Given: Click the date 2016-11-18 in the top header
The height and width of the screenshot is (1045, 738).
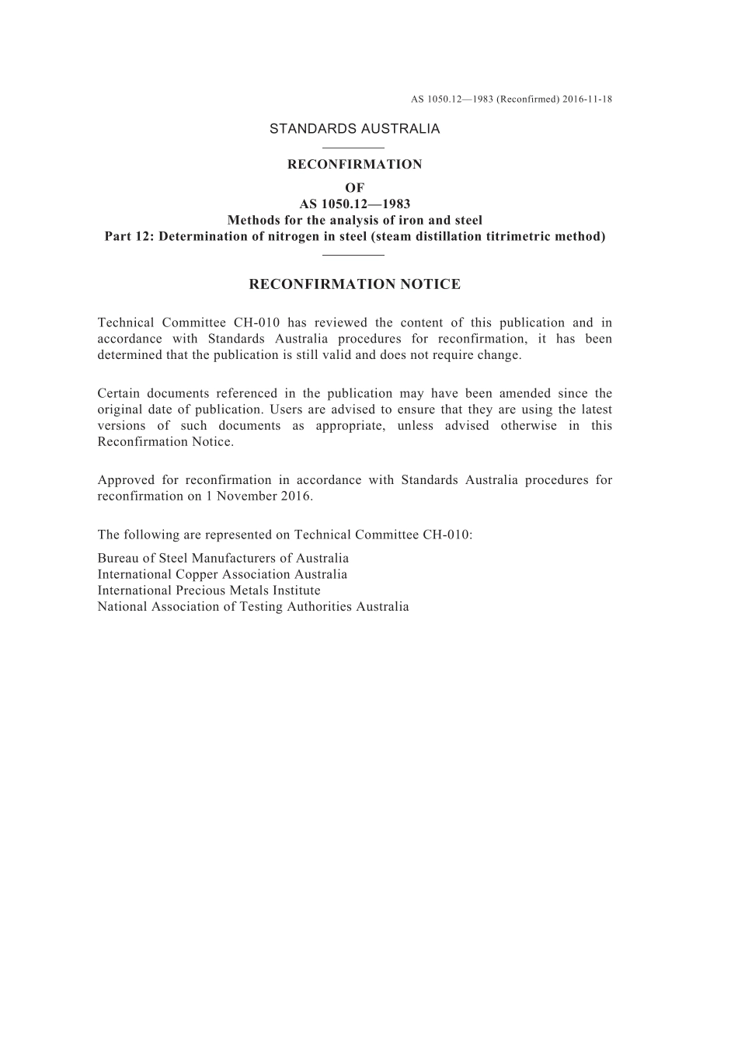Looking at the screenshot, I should point(587,99).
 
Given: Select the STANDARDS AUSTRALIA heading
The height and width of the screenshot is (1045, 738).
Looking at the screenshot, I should point(354,129).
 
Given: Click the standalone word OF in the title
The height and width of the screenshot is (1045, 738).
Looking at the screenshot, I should point(354,187).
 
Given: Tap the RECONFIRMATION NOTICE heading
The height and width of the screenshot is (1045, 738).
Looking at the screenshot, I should point(354,284).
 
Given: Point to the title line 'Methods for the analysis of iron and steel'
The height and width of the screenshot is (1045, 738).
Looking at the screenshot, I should point(354,220).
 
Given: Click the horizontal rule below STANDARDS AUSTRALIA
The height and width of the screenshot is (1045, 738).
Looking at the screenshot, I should point(353,147).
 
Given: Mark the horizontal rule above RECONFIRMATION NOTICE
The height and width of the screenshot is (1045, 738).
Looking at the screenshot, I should point(353,254).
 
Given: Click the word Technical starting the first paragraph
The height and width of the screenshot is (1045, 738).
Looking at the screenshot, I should point(124,322).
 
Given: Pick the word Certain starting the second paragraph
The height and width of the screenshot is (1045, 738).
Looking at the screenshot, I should point(119,393).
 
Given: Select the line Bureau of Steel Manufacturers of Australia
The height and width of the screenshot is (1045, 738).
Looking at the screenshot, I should point(223,558).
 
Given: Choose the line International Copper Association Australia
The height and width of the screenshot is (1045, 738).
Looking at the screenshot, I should point(222,574).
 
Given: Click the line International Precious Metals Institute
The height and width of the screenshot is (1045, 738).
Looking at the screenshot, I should point(209,590).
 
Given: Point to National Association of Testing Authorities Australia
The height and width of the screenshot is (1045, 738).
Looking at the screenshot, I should point(253,607).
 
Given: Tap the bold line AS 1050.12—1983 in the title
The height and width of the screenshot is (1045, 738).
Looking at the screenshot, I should point(354,204).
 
